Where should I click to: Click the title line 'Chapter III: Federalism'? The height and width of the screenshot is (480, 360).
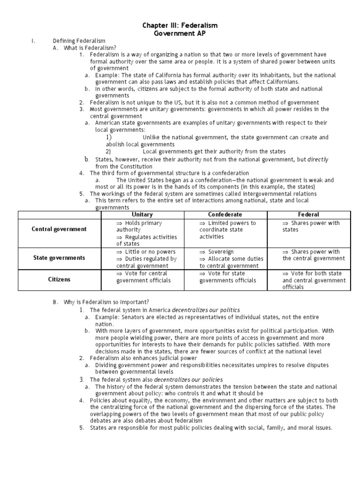(180, 25)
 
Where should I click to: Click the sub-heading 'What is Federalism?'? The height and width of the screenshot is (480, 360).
(90, 48)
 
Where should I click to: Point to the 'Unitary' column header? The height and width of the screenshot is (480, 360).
(142, 215)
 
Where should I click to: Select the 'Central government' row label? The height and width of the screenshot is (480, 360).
(59, 229)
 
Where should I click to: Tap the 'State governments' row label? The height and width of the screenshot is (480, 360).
(59, 258)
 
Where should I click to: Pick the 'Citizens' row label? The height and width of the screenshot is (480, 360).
(59, 279)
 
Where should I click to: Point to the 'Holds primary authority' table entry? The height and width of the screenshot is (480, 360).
(141, 226)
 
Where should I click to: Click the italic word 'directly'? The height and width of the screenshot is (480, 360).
(318, 159)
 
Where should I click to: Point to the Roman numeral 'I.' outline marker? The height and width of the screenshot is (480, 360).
(33, 41)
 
